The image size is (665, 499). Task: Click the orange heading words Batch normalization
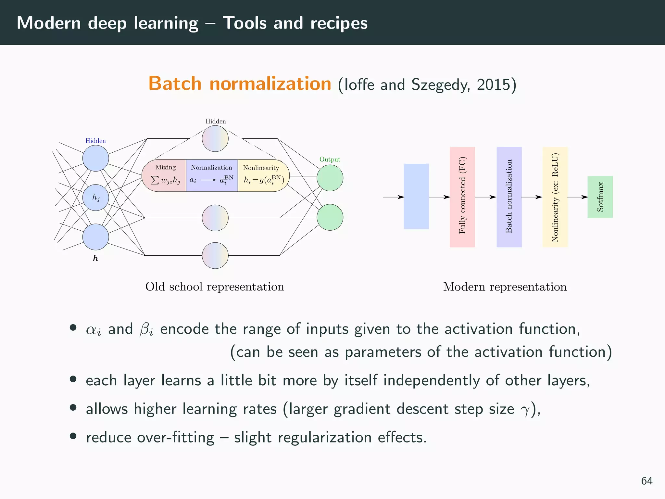240,83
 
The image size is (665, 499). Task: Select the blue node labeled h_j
95,198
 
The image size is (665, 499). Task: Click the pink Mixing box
165,176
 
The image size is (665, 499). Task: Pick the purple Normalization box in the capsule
212,176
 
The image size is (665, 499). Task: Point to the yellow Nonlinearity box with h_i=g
262,176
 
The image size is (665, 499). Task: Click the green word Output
330,160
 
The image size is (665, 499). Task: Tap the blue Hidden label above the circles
95,141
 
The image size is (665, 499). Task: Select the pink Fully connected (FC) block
462,197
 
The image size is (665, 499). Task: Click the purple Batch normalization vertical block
509,197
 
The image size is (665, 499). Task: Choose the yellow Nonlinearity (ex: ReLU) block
555,197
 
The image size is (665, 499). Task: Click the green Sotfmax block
600,197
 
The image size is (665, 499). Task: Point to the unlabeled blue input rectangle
416,196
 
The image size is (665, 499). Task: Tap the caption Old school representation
215,287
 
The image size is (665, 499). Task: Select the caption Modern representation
505,287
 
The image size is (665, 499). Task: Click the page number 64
646,481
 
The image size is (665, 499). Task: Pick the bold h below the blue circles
95,259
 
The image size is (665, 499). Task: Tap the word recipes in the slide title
339,23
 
